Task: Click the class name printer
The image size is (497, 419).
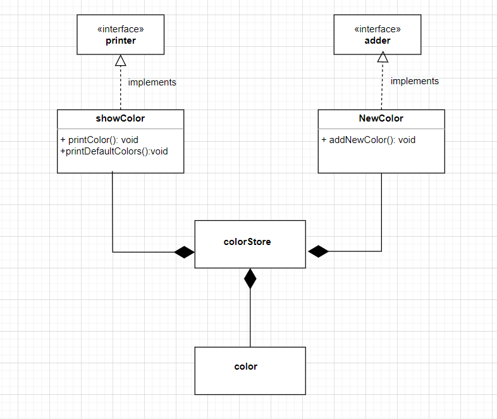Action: pos(120,41)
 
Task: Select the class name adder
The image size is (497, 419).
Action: pos(378,40)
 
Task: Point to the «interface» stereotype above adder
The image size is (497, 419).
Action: pos(378,29)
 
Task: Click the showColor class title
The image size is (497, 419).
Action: pos(120,118)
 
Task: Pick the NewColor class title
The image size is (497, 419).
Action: pos(381,118)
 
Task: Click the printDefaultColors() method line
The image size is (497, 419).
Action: pos(113,151)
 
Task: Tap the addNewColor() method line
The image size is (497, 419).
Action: pos(369,139)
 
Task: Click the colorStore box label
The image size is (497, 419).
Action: pos(247,241)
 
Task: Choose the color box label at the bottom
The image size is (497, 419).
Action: pos(246,366)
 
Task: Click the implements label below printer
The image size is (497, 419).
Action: pos(152,82)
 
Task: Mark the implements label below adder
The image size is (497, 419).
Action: pos(414,81)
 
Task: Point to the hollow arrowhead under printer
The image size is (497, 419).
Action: pos(120,61)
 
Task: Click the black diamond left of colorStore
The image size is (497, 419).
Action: pos(184,253)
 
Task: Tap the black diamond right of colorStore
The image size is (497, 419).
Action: pos(319,251)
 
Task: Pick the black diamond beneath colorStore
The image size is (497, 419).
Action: pos(250,278)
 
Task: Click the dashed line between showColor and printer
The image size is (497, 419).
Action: pos(120,89)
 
